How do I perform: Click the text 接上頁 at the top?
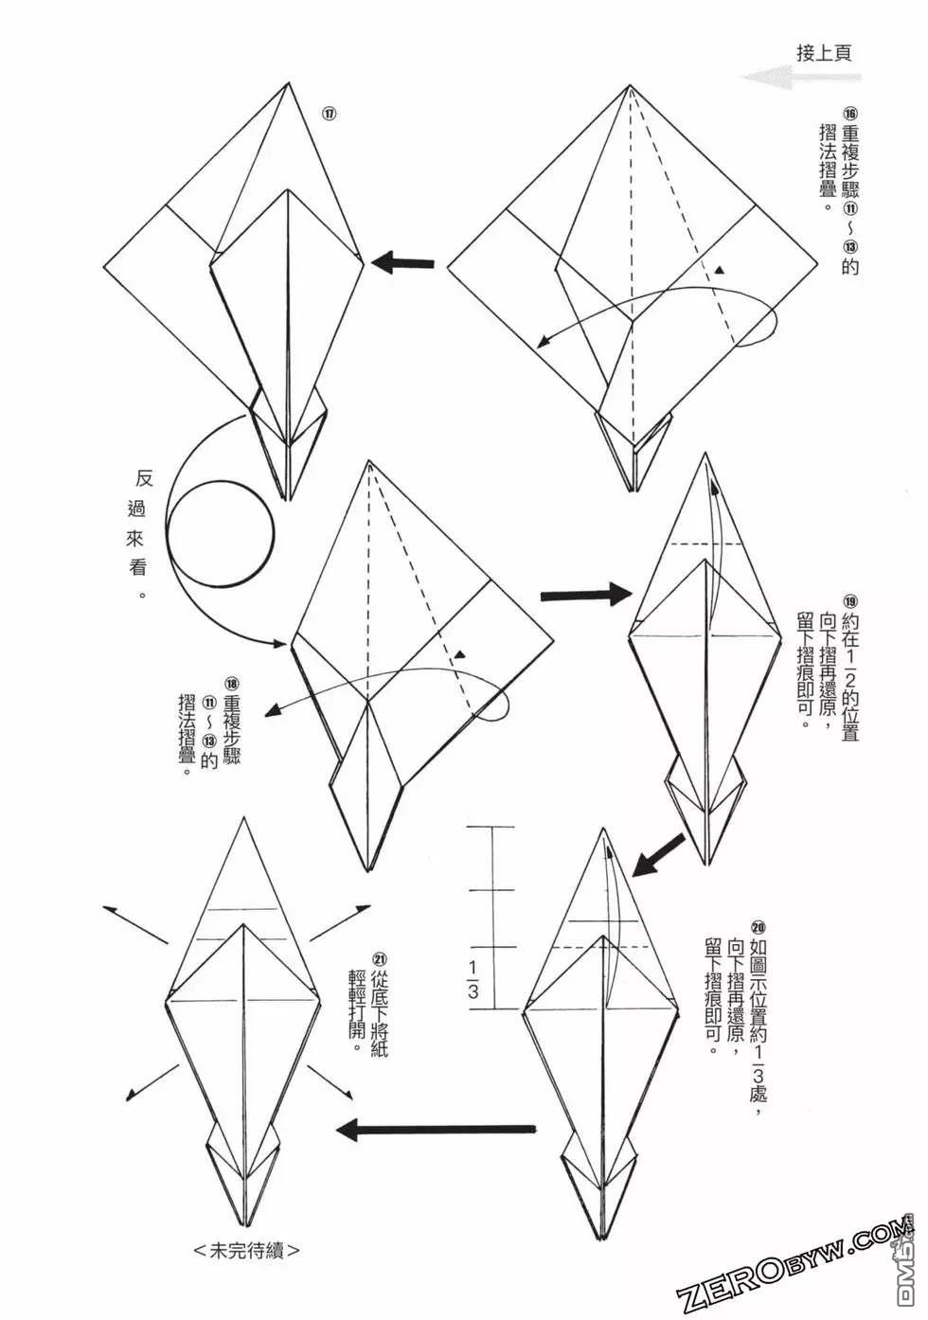tap(823, 52)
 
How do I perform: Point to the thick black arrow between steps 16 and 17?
tap(402, 262)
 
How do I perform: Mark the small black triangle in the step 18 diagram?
tap(460, 654)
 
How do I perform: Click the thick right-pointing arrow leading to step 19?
tap(584, 594)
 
